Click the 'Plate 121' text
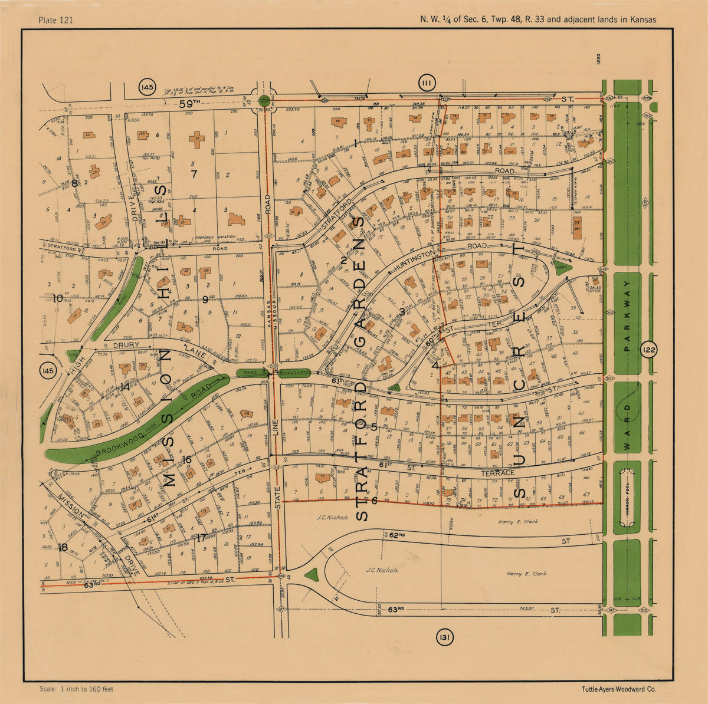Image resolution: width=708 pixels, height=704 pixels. [55, 20]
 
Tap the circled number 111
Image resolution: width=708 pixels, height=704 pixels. [427, 84]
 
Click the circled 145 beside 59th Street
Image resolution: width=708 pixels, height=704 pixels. [147, 88]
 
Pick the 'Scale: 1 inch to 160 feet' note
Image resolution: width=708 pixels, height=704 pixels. [76, 689]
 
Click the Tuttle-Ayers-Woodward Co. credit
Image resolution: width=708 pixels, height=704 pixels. [618, 689]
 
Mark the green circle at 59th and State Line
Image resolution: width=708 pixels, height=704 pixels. [264, 101]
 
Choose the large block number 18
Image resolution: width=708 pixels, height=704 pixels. [63, 547]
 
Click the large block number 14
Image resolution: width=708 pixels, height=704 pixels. [124, 387]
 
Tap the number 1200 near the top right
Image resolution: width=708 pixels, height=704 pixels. [598, 59]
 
